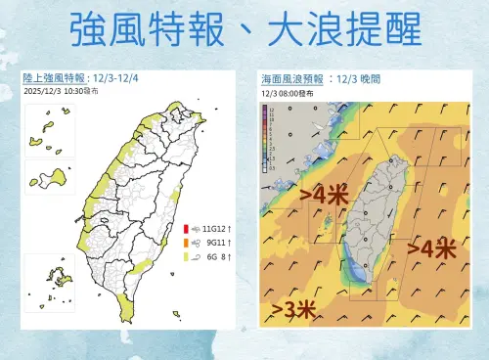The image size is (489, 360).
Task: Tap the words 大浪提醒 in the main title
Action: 346,29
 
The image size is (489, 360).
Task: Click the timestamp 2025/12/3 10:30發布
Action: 61,90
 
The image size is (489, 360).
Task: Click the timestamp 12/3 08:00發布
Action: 284,90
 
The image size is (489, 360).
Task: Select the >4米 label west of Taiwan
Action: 325,197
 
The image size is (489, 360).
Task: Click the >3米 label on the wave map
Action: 292,310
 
